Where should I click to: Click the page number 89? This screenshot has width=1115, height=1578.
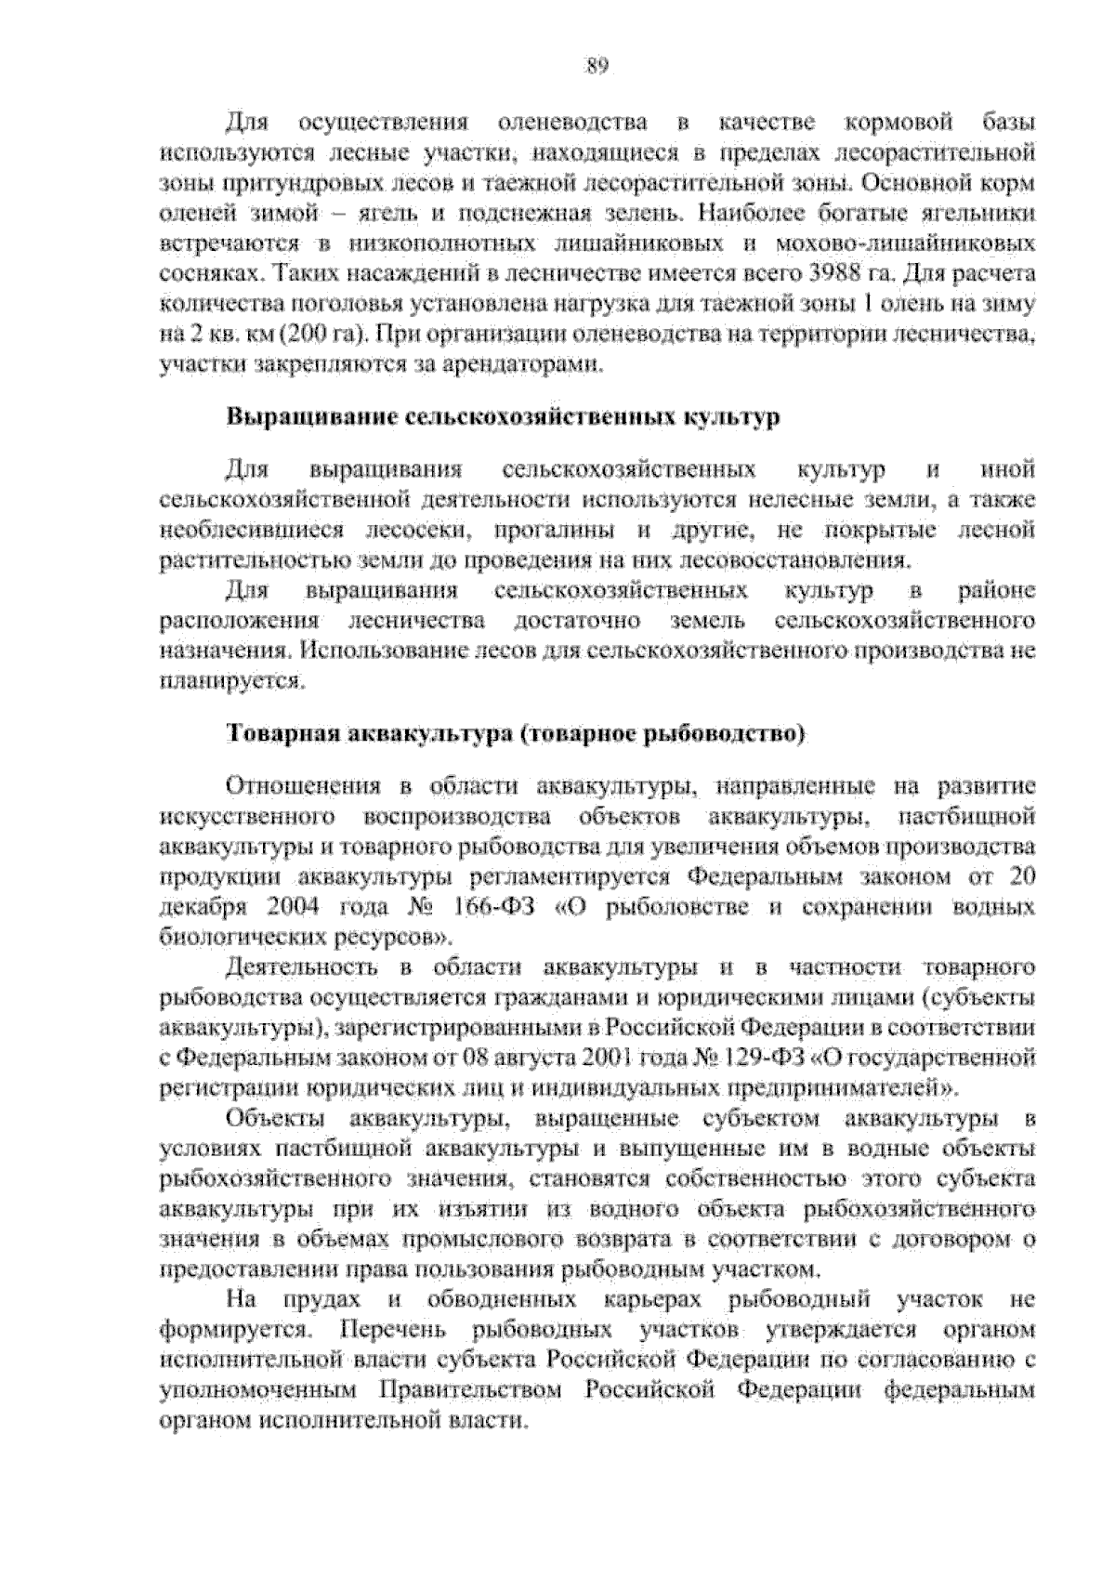596,65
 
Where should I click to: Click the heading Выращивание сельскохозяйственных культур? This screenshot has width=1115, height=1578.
503,417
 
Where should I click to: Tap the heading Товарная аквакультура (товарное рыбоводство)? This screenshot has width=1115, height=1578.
515,734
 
